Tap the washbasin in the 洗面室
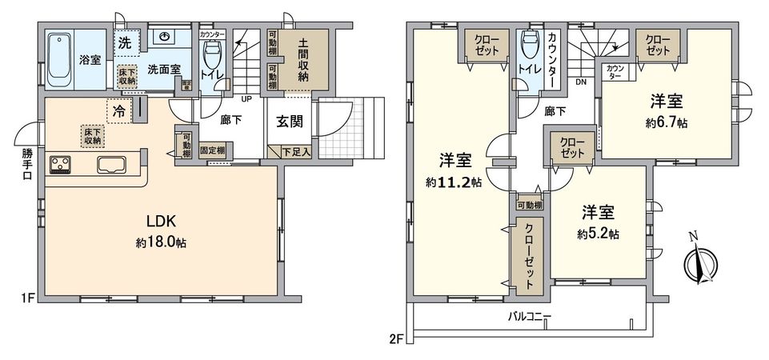tap(165, 38)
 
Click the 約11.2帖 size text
tap(454, 182)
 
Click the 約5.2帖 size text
tap(599, 234)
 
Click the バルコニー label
tap(530, 316)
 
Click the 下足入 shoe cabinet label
tap(296, 150)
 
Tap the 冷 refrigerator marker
tap(118, 113)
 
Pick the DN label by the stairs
tap(582, 82)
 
